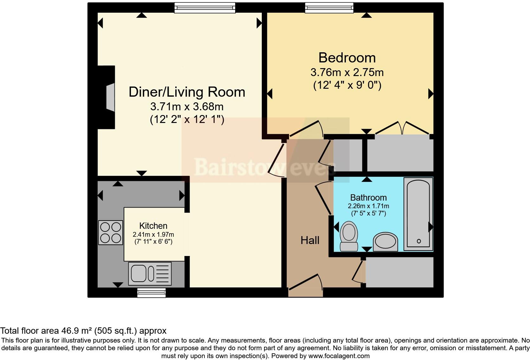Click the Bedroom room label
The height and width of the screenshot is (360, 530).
(x=347, y=58)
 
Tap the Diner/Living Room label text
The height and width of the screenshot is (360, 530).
(x=187, y=92)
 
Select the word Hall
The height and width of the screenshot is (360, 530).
(x=310, y=240)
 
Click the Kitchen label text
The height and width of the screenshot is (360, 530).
(x=153, y=226)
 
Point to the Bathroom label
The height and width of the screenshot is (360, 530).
(x=368, y=197)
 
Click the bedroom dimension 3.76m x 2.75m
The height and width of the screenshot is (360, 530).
(x=347, y=72)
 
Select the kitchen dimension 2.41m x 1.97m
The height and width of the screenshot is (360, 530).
(x=153, y=235)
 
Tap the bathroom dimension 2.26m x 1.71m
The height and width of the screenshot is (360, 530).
(x=368, y=206)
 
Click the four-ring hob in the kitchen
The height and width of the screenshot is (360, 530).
(x=111, y=233)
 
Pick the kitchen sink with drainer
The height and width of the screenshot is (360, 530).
(x=150, y=274)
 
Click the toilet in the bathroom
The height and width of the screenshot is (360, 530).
(x=349, y=236)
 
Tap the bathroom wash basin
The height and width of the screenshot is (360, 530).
(x=385, y=242)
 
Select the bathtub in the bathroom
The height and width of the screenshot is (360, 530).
(x=418, y=214)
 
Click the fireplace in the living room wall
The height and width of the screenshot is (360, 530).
(x=107, y=97)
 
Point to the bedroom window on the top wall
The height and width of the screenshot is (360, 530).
(x=329, y=8)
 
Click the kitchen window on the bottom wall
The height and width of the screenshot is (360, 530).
(x=152, y=292)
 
